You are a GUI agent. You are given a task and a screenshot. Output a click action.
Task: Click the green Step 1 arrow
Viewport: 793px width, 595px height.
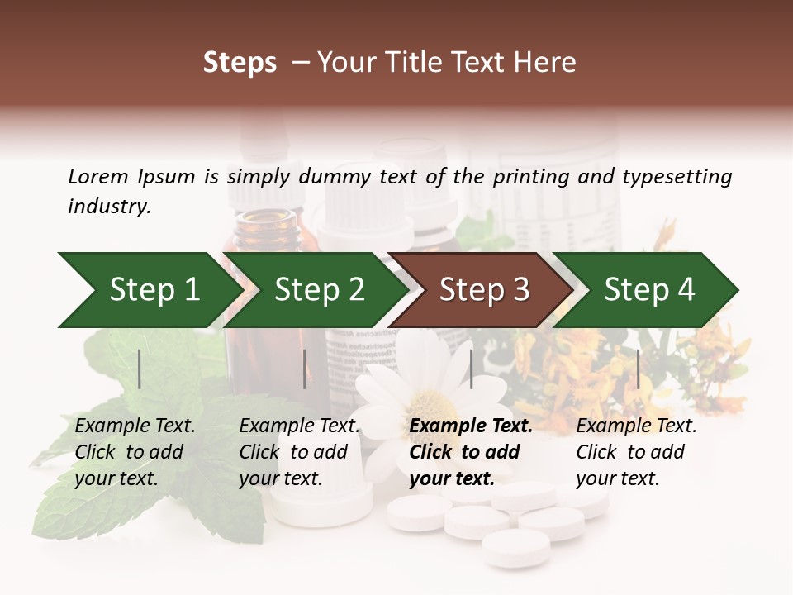(149, 290)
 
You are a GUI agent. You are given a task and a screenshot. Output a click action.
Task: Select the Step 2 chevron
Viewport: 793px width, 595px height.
(318, 290)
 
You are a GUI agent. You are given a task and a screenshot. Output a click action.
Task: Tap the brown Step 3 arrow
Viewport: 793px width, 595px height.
(483, 290)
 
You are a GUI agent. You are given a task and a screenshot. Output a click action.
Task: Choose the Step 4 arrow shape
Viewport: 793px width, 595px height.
(648, 290)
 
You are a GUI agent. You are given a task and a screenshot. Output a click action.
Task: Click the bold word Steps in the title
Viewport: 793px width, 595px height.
(240, 63)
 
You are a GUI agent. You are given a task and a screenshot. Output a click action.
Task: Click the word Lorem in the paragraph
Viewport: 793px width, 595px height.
(97, 176)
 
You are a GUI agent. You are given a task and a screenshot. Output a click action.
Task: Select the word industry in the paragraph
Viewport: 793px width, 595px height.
(108, 207)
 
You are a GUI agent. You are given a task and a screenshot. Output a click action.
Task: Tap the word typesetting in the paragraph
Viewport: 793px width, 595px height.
(677, 176)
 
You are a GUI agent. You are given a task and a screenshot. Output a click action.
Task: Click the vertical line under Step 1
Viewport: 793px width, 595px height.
(140, 369)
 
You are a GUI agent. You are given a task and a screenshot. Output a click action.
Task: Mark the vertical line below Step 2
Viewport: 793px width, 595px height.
(305, 369)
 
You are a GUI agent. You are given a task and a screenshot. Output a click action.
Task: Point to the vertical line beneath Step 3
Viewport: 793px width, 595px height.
(472, 369)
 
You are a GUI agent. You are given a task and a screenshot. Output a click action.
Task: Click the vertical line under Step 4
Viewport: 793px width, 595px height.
(638, 369)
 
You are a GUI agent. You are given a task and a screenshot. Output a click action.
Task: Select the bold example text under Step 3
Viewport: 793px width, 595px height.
(469, 452)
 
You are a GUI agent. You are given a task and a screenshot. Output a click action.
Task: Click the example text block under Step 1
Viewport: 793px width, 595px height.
(134, 452)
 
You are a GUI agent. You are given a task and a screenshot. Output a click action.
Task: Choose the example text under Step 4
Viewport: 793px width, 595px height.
(635, 452)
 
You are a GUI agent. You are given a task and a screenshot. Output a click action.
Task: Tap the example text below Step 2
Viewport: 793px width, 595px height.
(298, 452)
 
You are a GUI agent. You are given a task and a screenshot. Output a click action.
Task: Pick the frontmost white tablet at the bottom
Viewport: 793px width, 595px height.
(515, 547)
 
